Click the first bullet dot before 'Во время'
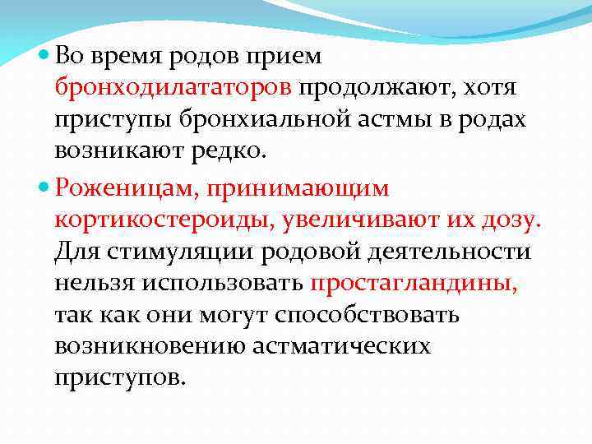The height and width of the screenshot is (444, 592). click(44, 57)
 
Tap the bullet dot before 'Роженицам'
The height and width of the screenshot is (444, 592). click(44, 189)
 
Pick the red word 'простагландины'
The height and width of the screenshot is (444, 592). click(414, 284)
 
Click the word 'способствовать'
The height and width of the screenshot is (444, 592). click(368, 316)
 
